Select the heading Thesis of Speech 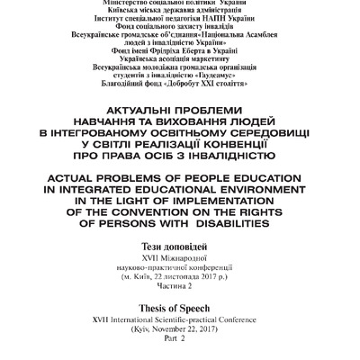(x=179, y=306)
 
